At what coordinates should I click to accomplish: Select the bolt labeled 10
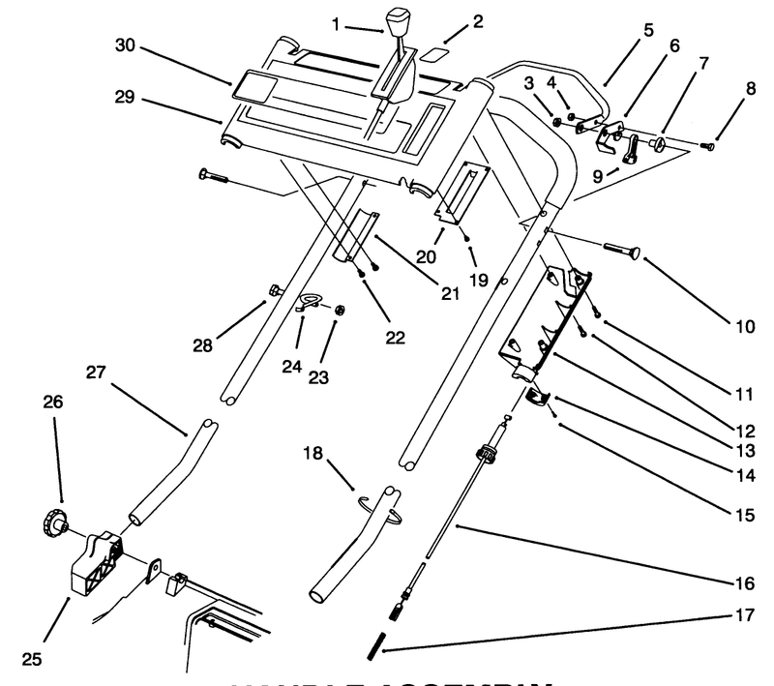[x=621, y=253]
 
